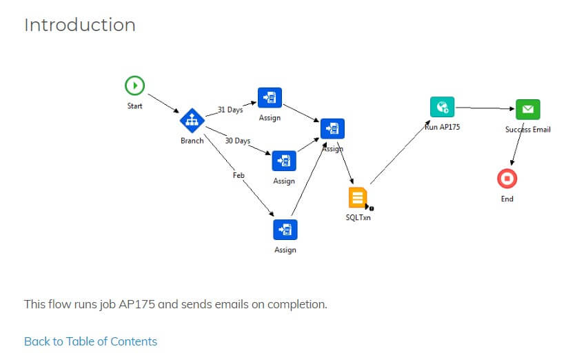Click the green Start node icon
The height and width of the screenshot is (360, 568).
[134, 86]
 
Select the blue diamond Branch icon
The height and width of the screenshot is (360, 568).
[192, 121]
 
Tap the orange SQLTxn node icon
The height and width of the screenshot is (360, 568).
[358, 197]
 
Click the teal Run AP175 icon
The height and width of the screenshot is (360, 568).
[442, 107]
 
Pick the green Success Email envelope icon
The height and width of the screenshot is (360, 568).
[528, 109]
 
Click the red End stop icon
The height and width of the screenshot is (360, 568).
[507, 179]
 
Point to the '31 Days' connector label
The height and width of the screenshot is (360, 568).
[230, 110]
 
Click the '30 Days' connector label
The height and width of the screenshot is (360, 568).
[238, 141]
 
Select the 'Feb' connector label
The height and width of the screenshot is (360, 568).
[239, 175]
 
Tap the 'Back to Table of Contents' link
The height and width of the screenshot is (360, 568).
[90, 341]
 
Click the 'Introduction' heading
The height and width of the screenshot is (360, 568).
[80, 25]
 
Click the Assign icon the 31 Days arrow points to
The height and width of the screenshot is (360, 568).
[270, 98]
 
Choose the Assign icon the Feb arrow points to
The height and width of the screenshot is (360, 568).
[285, 230]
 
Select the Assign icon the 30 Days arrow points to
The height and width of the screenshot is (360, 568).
[284, 161]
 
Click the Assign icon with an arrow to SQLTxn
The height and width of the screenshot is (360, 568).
[332, 129]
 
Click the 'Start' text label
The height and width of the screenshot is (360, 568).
[134, 106]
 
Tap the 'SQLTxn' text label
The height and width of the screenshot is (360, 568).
[358, 217]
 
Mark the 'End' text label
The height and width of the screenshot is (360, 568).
[507, 199]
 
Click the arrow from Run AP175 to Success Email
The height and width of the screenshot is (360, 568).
[485, 108]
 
